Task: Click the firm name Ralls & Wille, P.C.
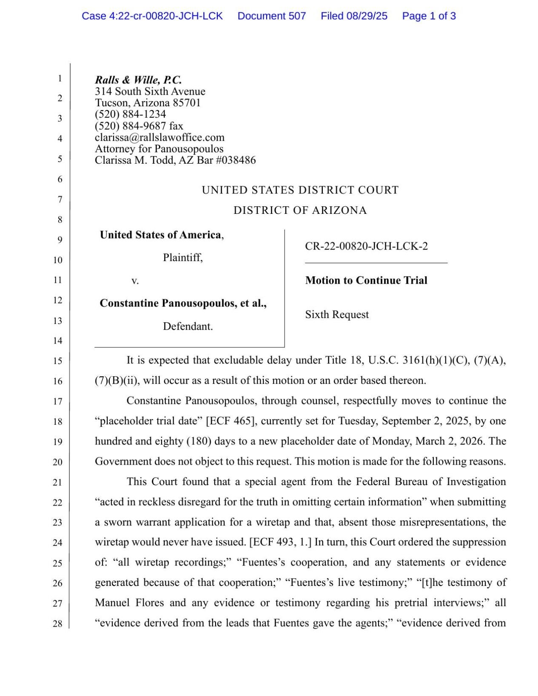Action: click(138, 80)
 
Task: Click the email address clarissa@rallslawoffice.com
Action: click(159, 137)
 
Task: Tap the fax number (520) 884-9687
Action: click(130, 126)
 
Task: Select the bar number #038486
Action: click(236, 160)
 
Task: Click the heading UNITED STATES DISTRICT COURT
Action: click(300, 190)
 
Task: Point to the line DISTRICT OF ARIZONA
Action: click(300, 210)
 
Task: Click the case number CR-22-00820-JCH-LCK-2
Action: click(366, 246)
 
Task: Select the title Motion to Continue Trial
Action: click(366, 280)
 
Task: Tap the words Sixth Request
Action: click(337, 315)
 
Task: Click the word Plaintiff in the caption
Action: click(182, 258)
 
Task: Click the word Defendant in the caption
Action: click(188, 327)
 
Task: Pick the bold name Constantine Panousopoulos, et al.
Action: click(183, 303)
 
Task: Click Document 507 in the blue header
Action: click(271, 16)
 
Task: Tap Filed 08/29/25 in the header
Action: click(354, 16)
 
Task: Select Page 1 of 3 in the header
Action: click(429, 16)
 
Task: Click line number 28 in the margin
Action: click(57, 624)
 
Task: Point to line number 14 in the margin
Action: click(57, 341)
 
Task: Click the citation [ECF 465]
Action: click(231, 421)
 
